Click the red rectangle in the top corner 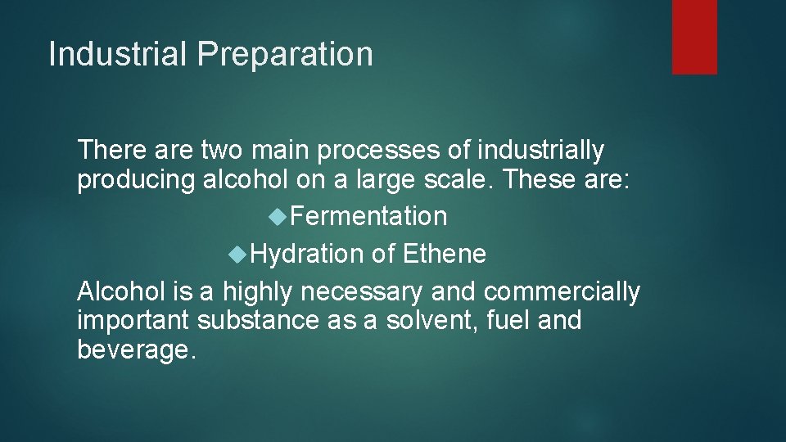[694, 37]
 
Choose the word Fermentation [368, 217]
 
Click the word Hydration [307, 255]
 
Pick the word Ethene [445, 255]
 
